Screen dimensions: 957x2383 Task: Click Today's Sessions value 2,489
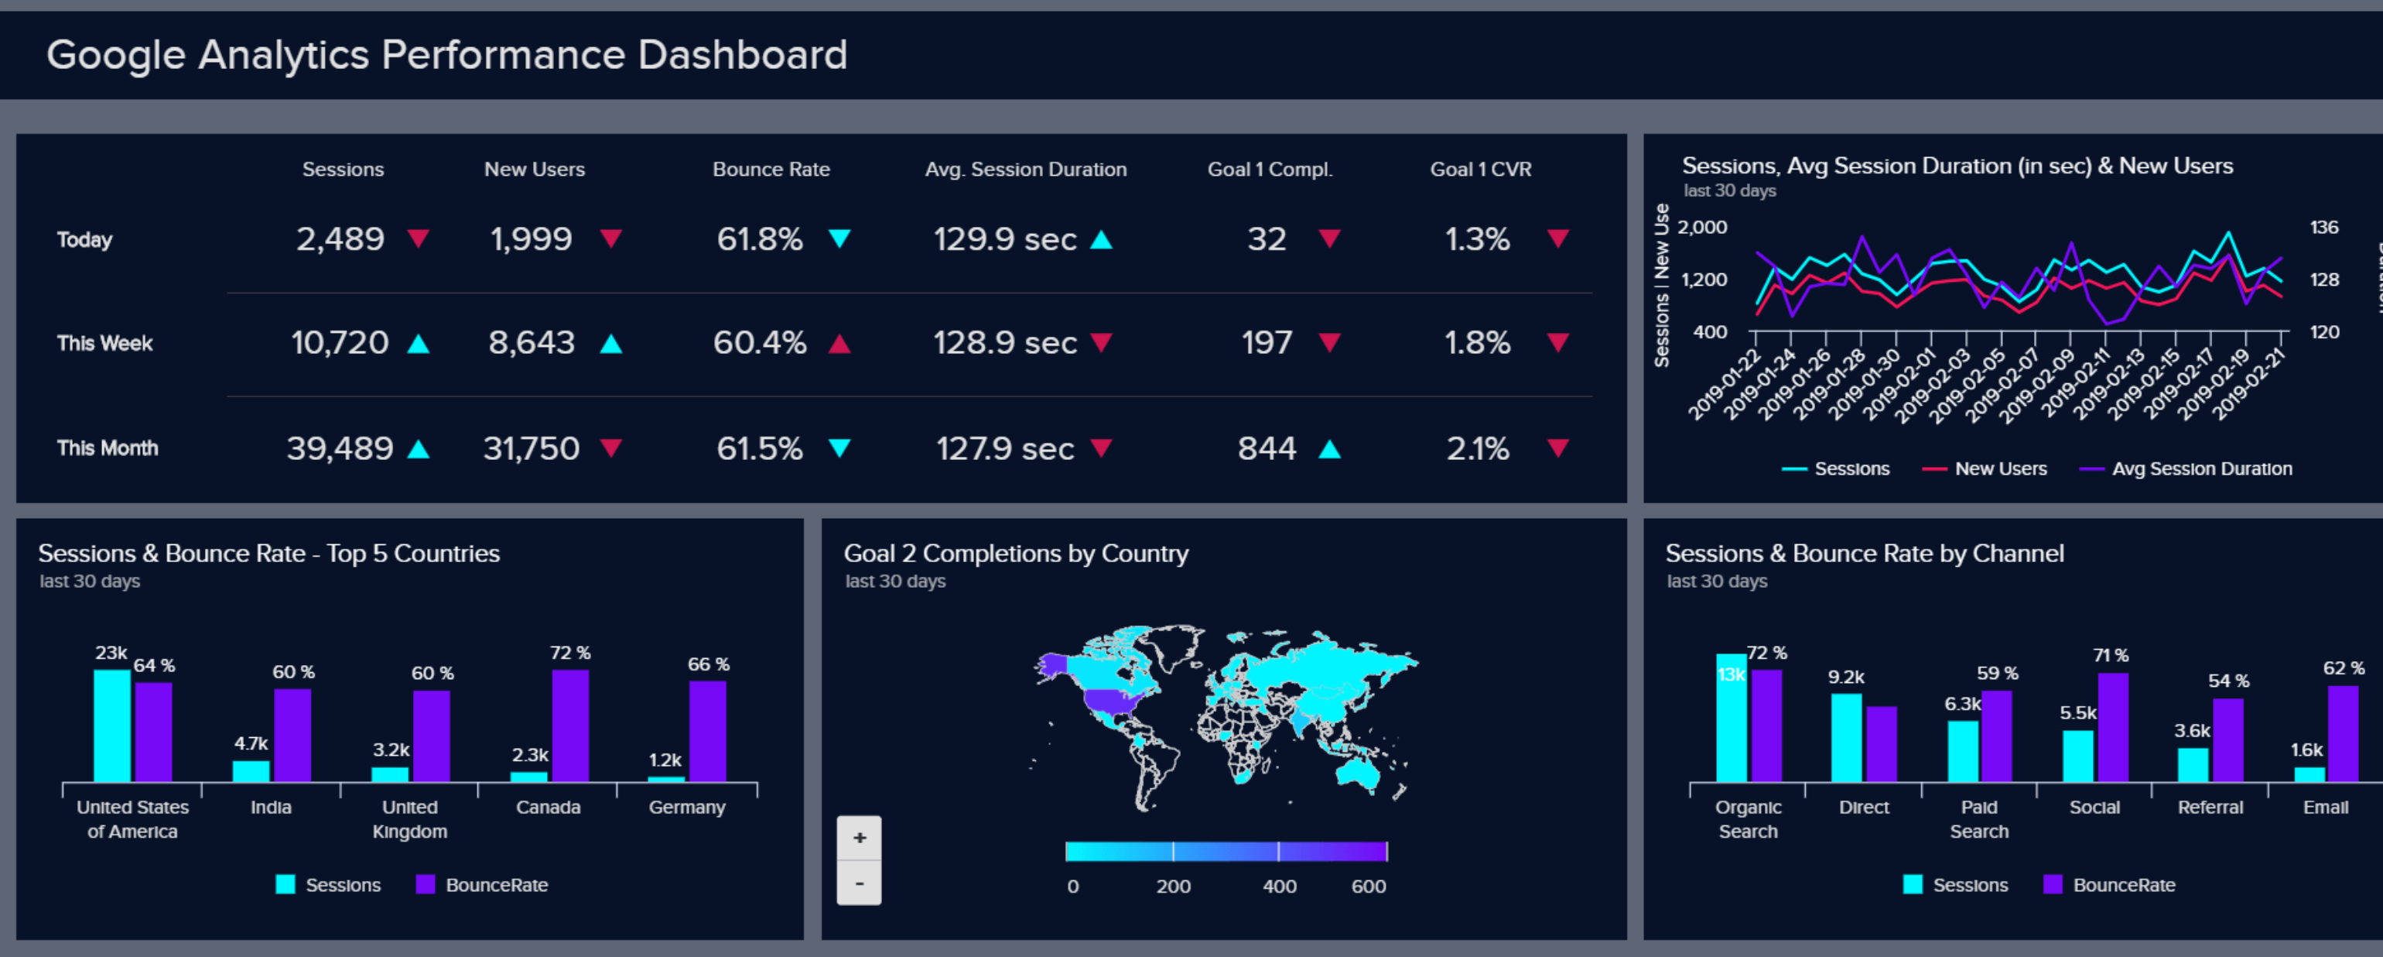[x=340, y=240]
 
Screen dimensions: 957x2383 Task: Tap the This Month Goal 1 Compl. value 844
[x=1267, y=449]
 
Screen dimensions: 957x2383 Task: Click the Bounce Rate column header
[x=771, y=170]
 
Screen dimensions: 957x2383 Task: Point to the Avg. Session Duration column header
[x=1025, y=170]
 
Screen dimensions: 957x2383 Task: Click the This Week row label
[x=104, y=343]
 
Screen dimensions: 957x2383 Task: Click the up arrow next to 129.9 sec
[x=1101, y=240]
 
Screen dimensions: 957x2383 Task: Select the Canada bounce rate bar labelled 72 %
[x=570, y=725]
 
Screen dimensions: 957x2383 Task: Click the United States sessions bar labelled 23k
[x=112, y=725]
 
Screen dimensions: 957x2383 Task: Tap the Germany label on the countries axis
[x=686, y=807]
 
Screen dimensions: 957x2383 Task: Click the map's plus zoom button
[x=860, y=838]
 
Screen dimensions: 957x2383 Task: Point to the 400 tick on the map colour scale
[x=1278, y=886]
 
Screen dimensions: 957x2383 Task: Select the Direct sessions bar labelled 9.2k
[x=1847, y=738]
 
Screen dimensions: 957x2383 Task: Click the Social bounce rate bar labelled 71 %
[x=2113, y=728]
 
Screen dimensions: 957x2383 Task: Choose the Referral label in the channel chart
[x=2210, y=807]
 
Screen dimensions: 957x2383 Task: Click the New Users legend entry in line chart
[x=2000, y=469]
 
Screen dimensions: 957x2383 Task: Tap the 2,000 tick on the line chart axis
[x=1702, y=228]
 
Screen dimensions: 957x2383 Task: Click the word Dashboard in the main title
[x=742, y=55]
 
